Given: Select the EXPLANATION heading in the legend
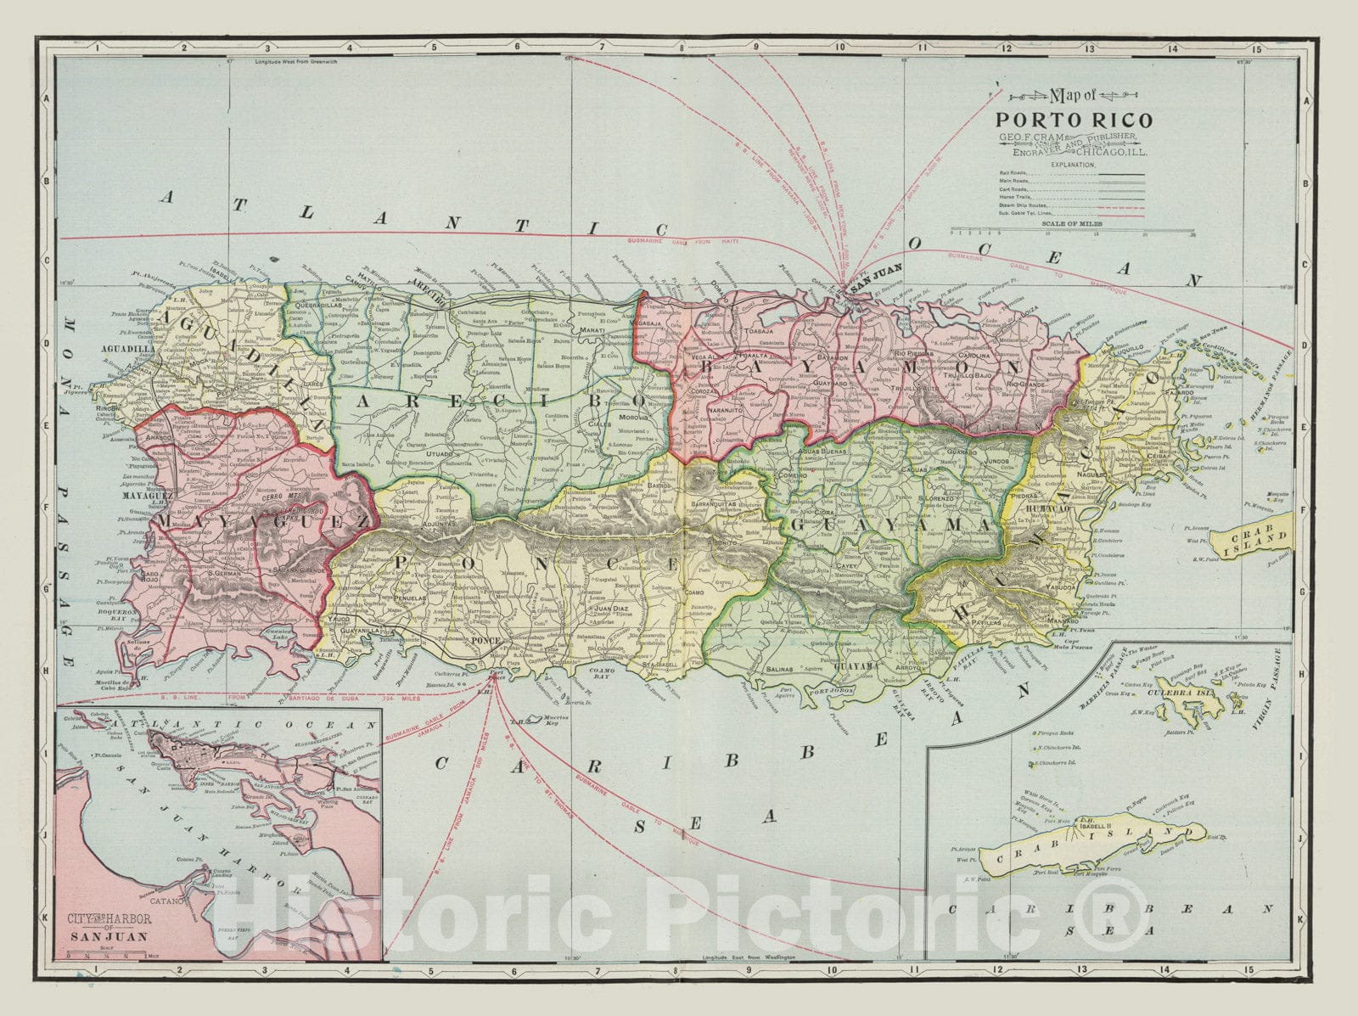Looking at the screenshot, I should tap(1074, 164).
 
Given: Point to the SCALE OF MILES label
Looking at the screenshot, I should tap(1073, 222).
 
